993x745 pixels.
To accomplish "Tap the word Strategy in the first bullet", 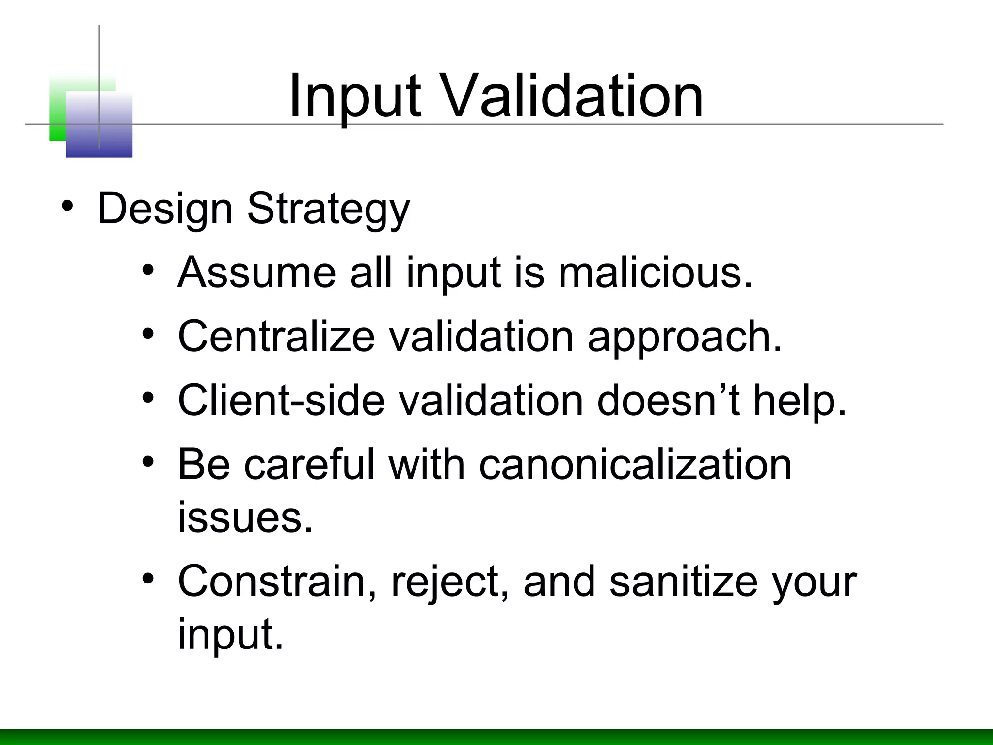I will (x=328, y=210).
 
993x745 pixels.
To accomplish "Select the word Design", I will (x=165, y=210).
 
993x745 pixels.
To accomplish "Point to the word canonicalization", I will (x=635, y=464).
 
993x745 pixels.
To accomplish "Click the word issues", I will (x=245, y=517).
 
